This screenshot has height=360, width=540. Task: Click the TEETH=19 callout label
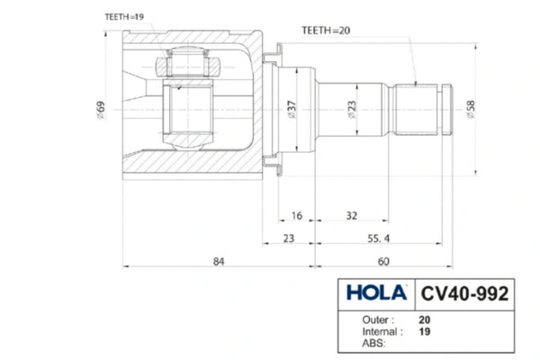(124, 17)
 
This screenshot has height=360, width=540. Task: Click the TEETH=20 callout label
(326, 31)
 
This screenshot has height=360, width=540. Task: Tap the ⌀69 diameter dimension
(101, 110)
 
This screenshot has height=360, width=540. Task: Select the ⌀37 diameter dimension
(292, 110)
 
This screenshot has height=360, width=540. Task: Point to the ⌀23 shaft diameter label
(352, 110)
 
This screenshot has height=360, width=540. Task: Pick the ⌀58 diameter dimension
(471, 110)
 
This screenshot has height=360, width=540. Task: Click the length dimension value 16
(296, 216)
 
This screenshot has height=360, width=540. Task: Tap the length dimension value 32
(351, 216)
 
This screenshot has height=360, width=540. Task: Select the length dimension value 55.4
(379, 238)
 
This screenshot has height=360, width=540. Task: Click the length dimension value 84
(219, 262)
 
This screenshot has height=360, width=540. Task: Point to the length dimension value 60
(383, 262)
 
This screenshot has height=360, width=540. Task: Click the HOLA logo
(376, 292)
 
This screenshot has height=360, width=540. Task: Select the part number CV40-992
(464, 293)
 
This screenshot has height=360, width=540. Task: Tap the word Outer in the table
(375, 320)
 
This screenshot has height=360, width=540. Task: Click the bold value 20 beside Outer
(424, 320)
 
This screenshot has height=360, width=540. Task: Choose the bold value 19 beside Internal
(424, 332)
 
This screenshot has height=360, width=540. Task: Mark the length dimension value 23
(289, 238)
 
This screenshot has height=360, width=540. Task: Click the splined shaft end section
(416, 110)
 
